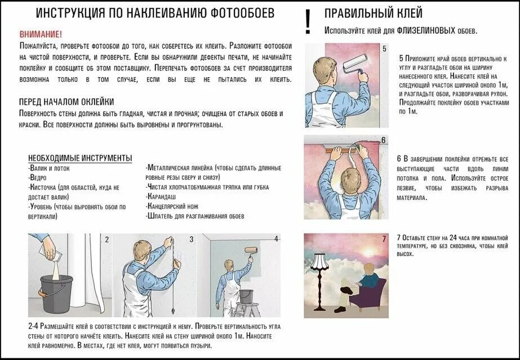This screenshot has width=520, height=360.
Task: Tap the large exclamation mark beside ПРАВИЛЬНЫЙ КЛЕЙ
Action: pos(307,22)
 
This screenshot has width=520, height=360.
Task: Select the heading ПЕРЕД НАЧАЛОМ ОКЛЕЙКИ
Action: pos(66,102)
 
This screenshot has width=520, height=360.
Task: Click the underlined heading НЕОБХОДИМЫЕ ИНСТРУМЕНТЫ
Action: pos(80,157)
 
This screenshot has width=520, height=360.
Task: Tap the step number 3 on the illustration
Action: pos(191,239)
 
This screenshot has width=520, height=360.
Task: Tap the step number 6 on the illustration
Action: pos(383,140)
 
